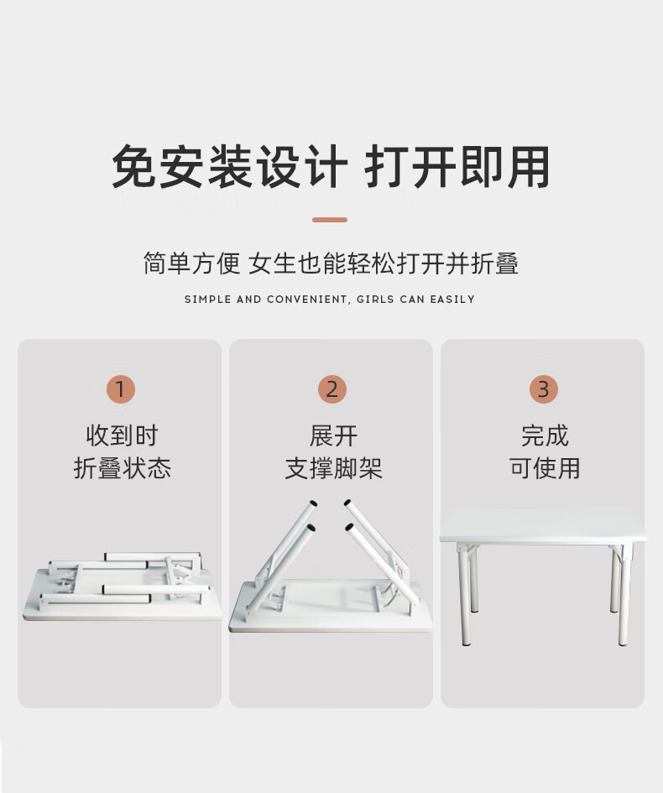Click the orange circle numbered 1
tap(120, 389)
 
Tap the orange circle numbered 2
tap(331, 389)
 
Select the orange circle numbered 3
tap(543, 389)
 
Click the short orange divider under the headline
tap(330, 220)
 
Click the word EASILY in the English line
tap(452, 299)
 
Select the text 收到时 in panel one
tap(122, 436)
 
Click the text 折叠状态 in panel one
tap(122, 467)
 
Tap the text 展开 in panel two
tap(333, 436)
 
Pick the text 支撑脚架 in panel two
tap(333, 467)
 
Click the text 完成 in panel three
tap(545, 436)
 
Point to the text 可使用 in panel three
tap(545, 467)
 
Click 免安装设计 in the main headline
tap(230, 166)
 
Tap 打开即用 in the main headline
tap(457, 166)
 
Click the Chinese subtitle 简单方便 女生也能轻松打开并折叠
tap(331, 263)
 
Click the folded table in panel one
tap(123, 587)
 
